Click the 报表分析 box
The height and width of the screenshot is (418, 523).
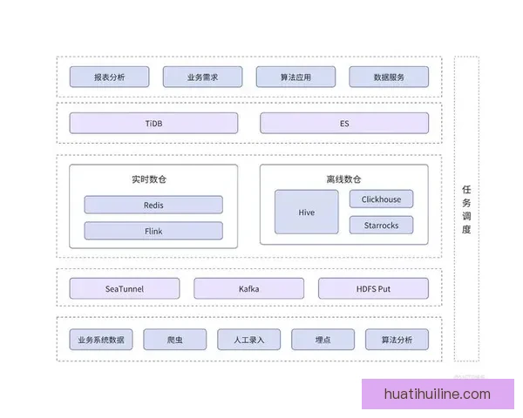[109, 77]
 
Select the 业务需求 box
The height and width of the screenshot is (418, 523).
[202, 77]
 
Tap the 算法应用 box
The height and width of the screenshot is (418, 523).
[295, 77]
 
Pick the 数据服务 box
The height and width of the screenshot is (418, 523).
[389, 77]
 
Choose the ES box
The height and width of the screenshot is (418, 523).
[344, 124]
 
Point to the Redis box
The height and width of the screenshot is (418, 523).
[153, 206]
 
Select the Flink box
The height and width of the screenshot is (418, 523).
[153, 231]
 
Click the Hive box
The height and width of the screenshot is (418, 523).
[306, 212]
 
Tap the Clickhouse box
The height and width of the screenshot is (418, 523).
[381, 199]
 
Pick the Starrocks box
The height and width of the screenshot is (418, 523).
[381, 225]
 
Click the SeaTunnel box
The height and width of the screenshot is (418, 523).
[125, 288]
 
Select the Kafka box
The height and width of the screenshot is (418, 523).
[248, 288]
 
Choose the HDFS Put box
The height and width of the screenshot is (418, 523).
[373, 288]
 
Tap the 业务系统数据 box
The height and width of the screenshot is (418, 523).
[101, 340]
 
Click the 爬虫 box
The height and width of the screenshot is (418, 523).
[175, 340]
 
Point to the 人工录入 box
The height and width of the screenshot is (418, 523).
[248, 340]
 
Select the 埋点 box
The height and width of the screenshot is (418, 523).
[323, 340]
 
